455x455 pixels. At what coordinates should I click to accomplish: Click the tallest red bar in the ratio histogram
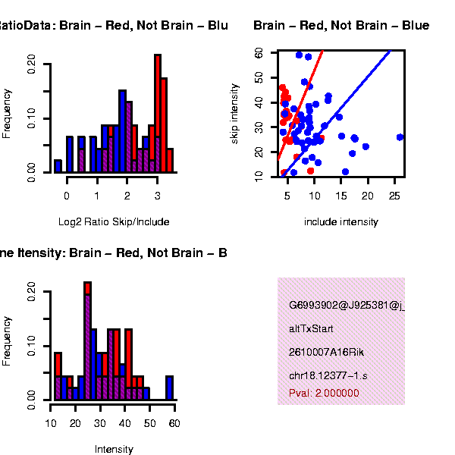(158, 114)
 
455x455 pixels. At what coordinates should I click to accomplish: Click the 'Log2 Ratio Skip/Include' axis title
(114, 222)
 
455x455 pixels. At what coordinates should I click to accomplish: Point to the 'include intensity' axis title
(340, 222)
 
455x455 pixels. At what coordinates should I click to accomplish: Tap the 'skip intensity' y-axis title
(235, 114)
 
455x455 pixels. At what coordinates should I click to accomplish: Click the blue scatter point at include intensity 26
(400, 137)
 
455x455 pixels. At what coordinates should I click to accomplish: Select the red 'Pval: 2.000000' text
(324, 393)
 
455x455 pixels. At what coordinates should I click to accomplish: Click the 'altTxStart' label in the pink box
(311, 329)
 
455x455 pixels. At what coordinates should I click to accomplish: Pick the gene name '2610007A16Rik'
(322, 353)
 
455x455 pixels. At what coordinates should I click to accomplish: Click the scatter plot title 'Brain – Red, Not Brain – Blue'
(341, 26)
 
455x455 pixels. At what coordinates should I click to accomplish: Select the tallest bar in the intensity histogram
(87, 341)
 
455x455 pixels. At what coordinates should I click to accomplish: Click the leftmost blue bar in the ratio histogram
(58, 166)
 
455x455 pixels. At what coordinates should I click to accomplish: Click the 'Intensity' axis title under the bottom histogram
(114, 449)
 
